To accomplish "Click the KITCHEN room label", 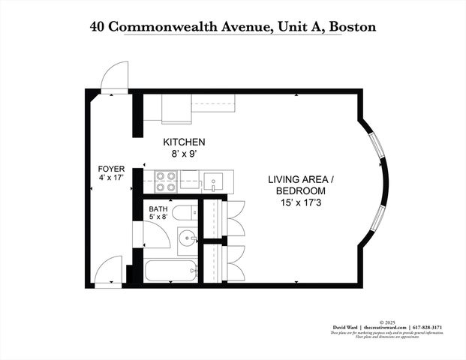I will coord(184,142).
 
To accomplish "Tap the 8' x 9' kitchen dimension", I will coord(184,153).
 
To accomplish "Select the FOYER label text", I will coord(111,169).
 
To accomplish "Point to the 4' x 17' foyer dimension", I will coord(111,178).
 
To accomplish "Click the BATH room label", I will coord(158,209).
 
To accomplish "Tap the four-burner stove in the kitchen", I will coord(166,182).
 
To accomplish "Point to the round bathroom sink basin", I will coord(188,240).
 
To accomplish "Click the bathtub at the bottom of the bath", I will coord(170,271).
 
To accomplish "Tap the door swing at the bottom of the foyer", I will coord(108,269).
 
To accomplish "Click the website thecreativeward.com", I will coord(386,328).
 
